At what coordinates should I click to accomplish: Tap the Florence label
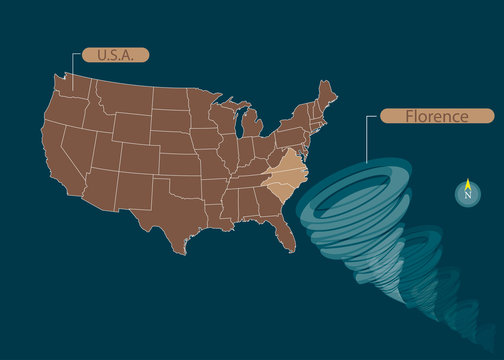click(436, 117)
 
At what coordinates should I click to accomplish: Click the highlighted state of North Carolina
click(290, 176)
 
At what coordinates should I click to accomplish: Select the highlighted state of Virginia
click(292, 160)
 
